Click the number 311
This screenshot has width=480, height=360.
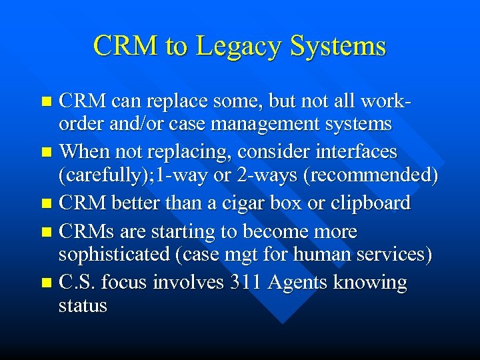pyautogui.click(x=246, y=282)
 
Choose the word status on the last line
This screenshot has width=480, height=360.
pyautogui.click(x=83, y=306)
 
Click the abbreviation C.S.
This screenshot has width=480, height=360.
pyautogui.click(x=78, y=282)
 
